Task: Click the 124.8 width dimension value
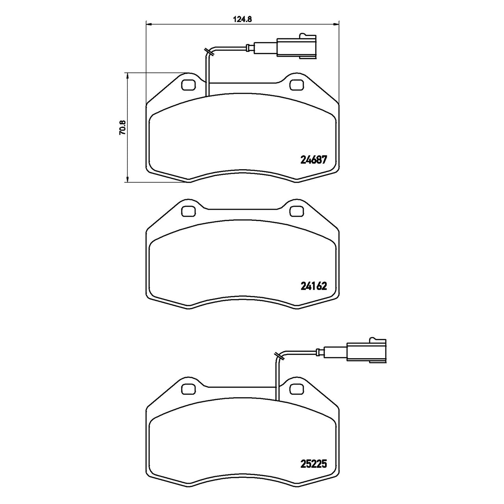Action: click(242, 20)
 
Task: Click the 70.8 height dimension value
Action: click(122, 127)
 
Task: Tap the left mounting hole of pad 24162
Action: click(188, 211)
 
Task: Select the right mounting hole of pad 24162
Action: click(296, 211)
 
